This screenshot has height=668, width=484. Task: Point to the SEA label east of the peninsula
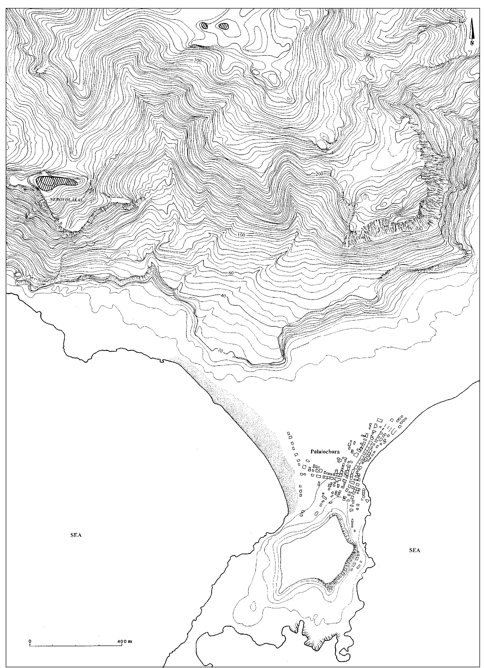pos(415,550)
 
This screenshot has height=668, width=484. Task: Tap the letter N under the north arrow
pos(472,43)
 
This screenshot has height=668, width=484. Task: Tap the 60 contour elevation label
pos(231,273)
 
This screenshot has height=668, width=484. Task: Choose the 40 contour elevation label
pos(223,296)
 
